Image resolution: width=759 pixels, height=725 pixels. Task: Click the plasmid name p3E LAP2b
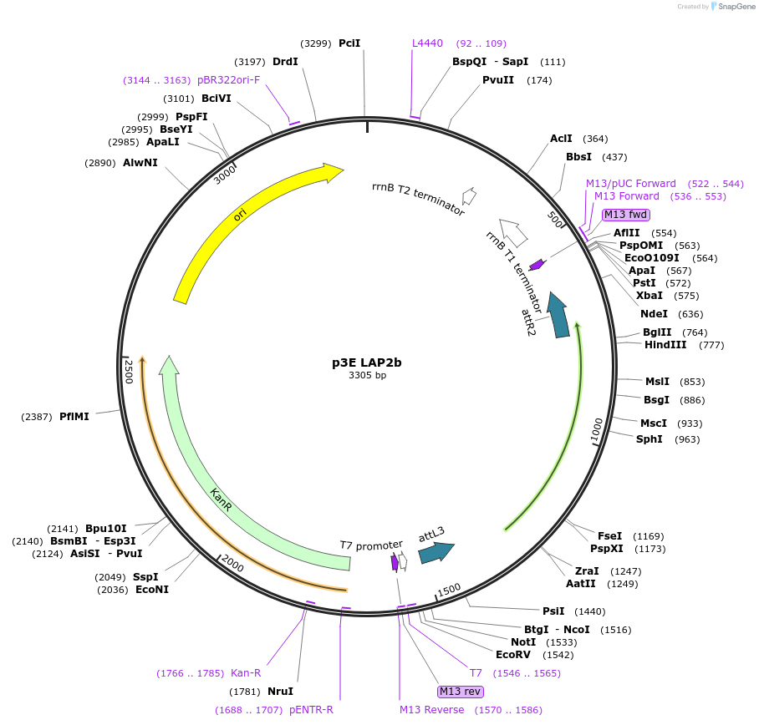367,362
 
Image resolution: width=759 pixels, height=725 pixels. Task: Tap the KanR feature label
220,501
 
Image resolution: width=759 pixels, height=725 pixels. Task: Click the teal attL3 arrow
436,551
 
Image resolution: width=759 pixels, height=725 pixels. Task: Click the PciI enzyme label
349,43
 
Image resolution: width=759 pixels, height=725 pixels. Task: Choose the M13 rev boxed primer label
461,691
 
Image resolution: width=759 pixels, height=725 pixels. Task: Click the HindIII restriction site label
665,345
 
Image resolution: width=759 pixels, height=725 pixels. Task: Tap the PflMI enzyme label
74,416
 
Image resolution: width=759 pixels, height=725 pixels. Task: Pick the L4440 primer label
427,43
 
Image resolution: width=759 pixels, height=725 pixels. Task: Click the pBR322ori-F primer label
229,80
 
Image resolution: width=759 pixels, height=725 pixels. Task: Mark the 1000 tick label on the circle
596,428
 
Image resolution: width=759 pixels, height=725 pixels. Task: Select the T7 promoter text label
371,545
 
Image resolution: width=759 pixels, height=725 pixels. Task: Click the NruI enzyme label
281,691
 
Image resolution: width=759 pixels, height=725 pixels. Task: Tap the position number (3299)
316,43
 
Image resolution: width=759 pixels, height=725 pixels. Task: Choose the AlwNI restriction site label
140,163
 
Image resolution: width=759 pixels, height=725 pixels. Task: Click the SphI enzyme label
649,439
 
